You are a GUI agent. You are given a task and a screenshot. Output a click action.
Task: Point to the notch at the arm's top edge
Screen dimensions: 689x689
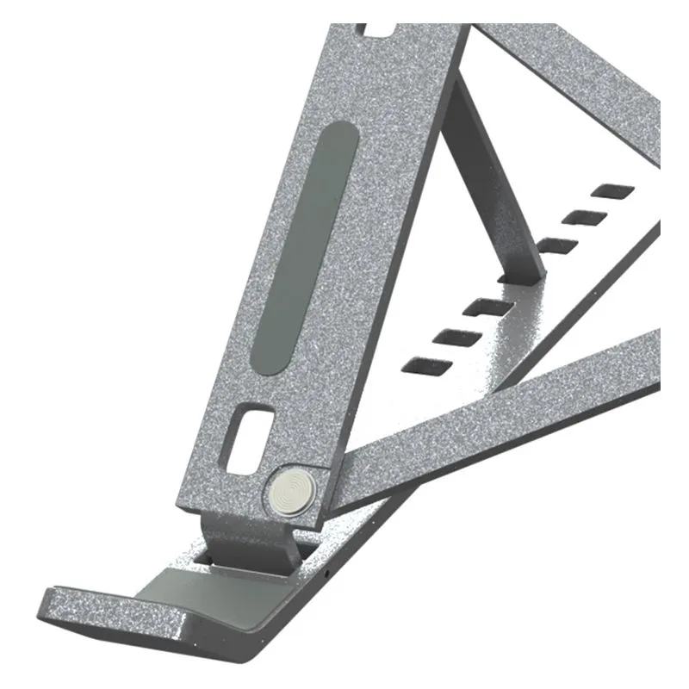point(378,30)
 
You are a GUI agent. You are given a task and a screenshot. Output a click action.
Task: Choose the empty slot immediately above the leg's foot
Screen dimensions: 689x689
point(562,244)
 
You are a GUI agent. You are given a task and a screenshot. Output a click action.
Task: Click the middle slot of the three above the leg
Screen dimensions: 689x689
point(585,215)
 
